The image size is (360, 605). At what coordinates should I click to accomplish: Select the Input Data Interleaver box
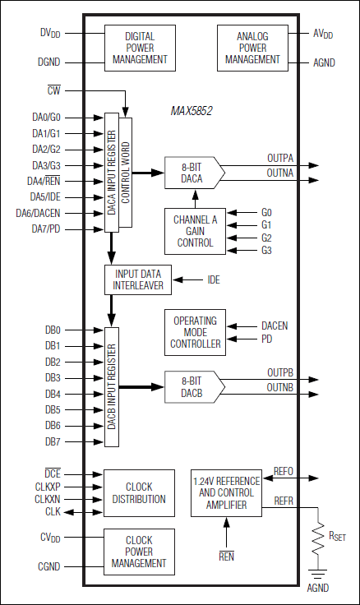pyautogui.click(x=139, y=280)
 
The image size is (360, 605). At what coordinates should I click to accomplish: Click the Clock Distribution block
pyautogui.click(x=140, y=493)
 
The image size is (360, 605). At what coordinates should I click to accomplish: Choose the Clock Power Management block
pyautogui.click(x=140, y=552)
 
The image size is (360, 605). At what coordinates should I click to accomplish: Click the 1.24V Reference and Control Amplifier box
pyautogui.click(x=225, y=493)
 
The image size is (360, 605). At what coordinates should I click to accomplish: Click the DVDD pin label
pyautogui.click(x=50, y=33)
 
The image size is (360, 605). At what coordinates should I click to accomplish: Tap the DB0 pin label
pyautogui.click(x=53, y=330)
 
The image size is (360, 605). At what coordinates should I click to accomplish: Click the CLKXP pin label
pyautogui.click(x=47, y=487)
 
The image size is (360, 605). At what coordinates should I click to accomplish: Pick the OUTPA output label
pyautogui.click(x=280, y=157)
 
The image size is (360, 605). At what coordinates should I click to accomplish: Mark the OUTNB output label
pyautogui.click(x=280, y=387)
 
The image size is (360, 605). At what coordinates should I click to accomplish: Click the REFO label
pyautogui.click(x=284, y=472)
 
